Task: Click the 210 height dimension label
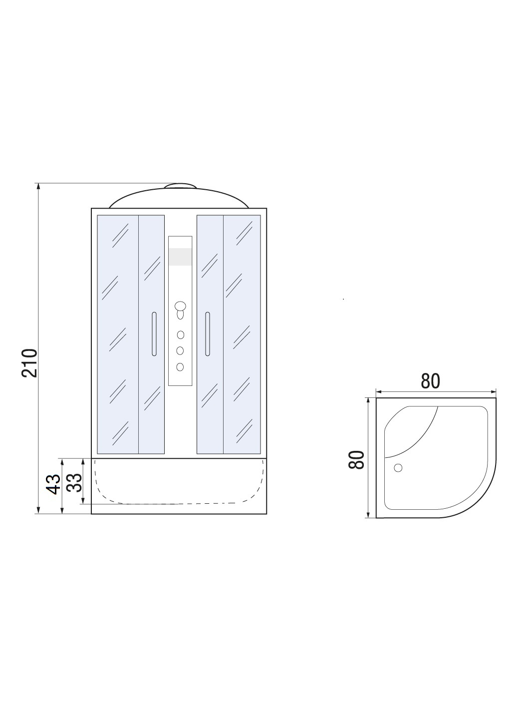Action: coord(30,363)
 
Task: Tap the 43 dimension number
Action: coord(53,484)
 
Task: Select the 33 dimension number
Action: coord(74,483)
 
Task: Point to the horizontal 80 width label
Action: coord(430,381)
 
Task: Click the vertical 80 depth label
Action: coord(356,460)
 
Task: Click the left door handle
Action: coord(154,334)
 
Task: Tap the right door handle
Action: coord(208,334)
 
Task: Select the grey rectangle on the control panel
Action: coord(180,257)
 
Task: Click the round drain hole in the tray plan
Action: coord(398,468)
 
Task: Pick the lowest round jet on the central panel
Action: coord(180,366)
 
